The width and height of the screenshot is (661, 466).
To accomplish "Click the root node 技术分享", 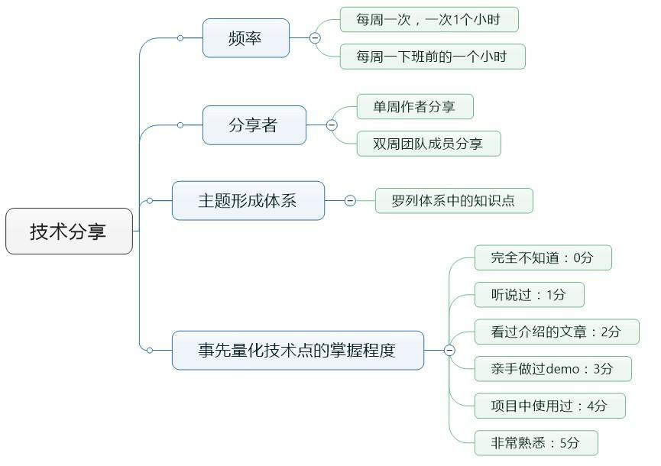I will (69, 231).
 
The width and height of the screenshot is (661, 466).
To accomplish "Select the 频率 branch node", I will (245, 38).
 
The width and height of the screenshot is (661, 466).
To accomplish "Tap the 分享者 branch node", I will (254, 125).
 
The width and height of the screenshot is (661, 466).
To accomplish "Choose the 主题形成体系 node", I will (248, 201).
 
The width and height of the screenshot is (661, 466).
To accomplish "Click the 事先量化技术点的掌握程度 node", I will (297, 351).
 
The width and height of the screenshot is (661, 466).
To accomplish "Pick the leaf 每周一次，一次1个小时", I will (429, 20).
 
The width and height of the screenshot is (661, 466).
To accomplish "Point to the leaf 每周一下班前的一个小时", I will (432, 57).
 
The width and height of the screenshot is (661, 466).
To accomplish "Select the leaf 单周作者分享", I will (414, 107).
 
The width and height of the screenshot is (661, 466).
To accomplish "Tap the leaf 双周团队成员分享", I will (428, 144).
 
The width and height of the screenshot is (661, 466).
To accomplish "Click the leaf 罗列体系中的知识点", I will (453, 201).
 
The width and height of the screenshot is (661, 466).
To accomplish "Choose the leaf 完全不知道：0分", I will (543, 258).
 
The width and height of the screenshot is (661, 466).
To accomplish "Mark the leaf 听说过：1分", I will (529, 295).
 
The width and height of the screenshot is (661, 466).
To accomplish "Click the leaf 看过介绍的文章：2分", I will (556, 332).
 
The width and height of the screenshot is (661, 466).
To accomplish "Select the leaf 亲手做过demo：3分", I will (552, 369).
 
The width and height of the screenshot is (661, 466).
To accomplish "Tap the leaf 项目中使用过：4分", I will (549, 406).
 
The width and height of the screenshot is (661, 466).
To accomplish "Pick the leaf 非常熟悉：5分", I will (536, 442).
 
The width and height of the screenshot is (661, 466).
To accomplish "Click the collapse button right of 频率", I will (315, 37).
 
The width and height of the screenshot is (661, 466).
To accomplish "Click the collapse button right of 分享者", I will (332, 125).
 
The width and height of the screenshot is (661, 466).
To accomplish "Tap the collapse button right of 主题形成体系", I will (350, 201).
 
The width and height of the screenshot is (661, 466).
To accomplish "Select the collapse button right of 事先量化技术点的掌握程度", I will (449, 351).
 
